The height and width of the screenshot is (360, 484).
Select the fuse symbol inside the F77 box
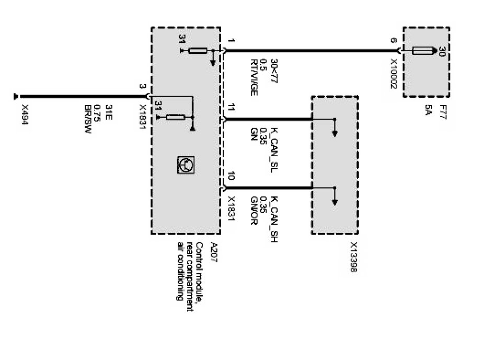(424, 51)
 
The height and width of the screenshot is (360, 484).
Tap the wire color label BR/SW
(88, 119)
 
